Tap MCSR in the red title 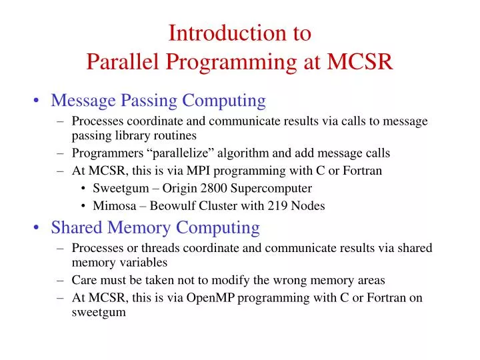[361, 62]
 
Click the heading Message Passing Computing [158, 101]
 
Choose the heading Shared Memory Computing [155, 228]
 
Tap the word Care [84, 280]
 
